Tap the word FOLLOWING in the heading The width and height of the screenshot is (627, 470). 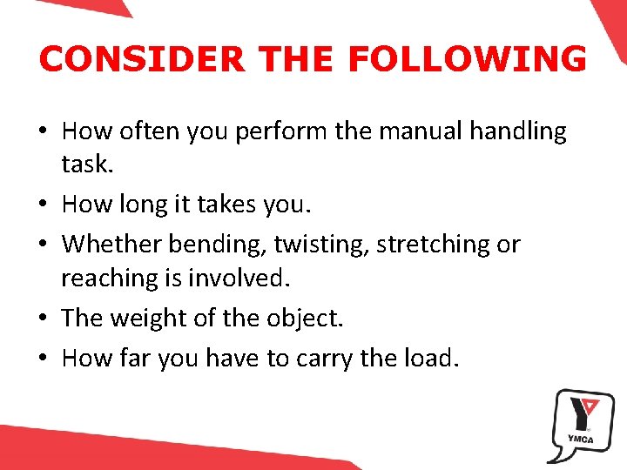(467, 59)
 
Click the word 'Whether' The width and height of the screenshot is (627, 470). (111, 245)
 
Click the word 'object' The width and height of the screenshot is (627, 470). (301, 319)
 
